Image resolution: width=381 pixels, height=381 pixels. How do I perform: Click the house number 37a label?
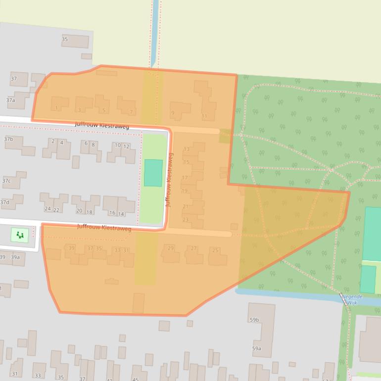[x=10, y=100]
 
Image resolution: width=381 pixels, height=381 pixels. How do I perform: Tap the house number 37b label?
[x=8, y=139]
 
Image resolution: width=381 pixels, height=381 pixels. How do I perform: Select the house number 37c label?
[x=6, y=181]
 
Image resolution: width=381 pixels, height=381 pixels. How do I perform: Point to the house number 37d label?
[x=4, y=202]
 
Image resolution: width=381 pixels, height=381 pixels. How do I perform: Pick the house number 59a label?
[x=256, y=348]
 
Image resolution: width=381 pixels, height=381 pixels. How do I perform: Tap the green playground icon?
[x=20, y=235]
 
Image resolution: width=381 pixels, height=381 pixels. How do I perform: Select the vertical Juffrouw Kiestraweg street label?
[x=169, y=180]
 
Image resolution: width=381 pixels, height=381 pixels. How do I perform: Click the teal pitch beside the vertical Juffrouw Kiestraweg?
[x=153, y=173]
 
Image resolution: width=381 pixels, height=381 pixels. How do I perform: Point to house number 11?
[x=204, y=116]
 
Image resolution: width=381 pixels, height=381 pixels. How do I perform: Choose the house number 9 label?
[x=173, y=113]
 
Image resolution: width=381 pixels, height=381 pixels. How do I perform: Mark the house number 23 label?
[x=186, y=220]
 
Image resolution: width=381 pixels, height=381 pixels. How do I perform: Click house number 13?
[x=187, y=149]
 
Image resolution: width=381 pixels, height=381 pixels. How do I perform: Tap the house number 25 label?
[x=215, y=250]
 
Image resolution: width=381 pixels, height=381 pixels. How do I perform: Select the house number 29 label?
[x=171, y=248]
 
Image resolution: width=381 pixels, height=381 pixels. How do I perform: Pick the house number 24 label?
[x=48, y=209]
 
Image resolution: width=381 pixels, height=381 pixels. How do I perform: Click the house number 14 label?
[x=121, y=214]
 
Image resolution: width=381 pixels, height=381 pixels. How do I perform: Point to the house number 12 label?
[x=126, y=146]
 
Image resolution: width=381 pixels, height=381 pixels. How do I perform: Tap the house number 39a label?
[x=15, y=257]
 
